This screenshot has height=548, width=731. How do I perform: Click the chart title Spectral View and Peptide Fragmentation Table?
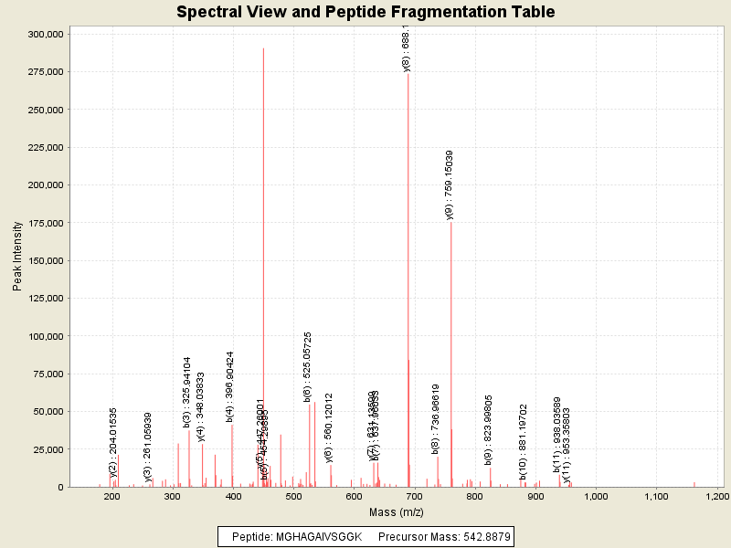(x=365, y=12)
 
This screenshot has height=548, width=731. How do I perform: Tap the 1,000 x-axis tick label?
(x=596, y=496)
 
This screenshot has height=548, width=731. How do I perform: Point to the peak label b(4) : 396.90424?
(x=230, y=387)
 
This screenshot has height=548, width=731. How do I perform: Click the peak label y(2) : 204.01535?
(x=113, y=443)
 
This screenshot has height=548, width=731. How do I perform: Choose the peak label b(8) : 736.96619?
(x=436, y=419)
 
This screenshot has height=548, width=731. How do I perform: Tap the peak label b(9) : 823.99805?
(x=489, y=431)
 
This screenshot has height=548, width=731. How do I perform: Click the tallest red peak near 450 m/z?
(x=263, y=183)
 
